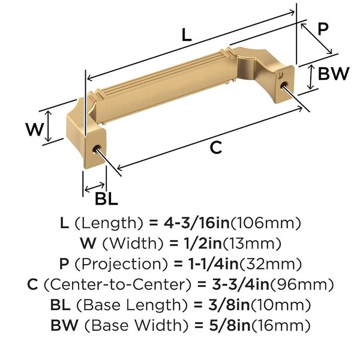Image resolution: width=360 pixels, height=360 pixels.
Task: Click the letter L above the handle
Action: (x=187, y=35)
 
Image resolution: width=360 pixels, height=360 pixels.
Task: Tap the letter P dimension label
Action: (x=323, y=29)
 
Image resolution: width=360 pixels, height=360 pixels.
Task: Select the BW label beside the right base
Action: (x=334, y=73)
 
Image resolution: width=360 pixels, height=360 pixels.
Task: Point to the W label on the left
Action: (x=34, y=129)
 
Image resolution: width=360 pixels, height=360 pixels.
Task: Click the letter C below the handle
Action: (x=216, y=147)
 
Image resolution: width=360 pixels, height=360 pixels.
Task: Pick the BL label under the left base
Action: (x=106, y=199)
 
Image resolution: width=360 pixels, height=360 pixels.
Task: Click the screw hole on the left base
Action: (x=96, y=149)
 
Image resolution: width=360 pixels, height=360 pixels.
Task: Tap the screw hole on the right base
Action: (x=284, y=85)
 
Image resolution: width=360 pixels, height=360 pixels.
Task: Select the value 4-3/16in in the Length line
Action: (x=197, y=223)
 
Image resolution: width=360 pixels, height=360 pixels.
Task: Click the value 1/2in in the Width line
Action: (x=203, y=243)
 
